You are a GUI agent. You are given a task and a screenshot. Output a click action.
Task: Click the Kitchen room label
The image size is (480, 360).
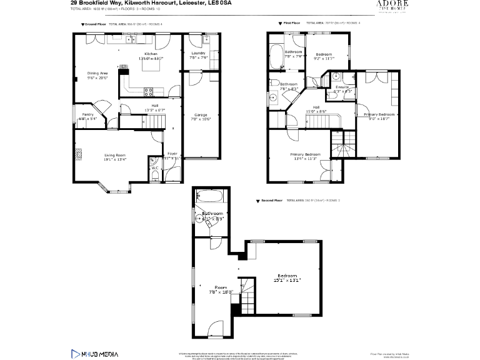(151, 54)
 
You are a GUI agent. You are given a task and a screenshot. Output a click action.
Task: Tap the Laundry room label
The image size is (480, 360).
(199, 54)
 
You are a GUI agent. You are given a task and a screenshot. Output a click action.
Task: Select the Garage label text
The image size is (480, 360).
(201, 114)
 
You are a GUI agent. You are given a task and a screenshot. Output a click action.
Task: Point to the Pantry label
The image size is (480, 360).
(88, 114)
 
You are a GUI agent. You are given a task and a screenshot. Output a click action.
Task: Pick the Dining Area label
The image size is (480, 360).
(97, 73)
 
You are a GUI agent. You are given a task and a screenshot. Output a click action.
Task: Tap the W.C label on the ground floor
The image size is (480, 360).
(154, 167)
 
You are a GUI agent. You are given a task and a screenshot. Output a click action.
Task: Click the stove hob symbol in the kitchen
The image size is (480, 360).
(149, 91)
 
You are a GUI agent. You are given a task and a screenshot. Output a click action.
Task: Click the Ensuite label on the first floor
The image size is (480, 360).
(342, 87)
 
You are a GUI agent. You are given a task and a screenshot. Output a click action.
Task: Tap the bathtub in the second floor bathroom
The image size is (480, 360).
(209, 197)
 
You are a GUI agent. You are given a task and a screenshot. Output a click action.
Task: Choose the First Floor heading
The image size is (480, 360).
(292, 24)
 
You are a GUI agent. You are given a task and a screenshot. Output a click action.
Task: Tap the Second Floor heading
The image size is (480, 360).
(270, 201)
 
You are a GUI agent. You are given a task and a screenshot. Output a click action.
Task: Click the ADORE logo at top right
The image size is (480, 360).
(392, 5)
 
